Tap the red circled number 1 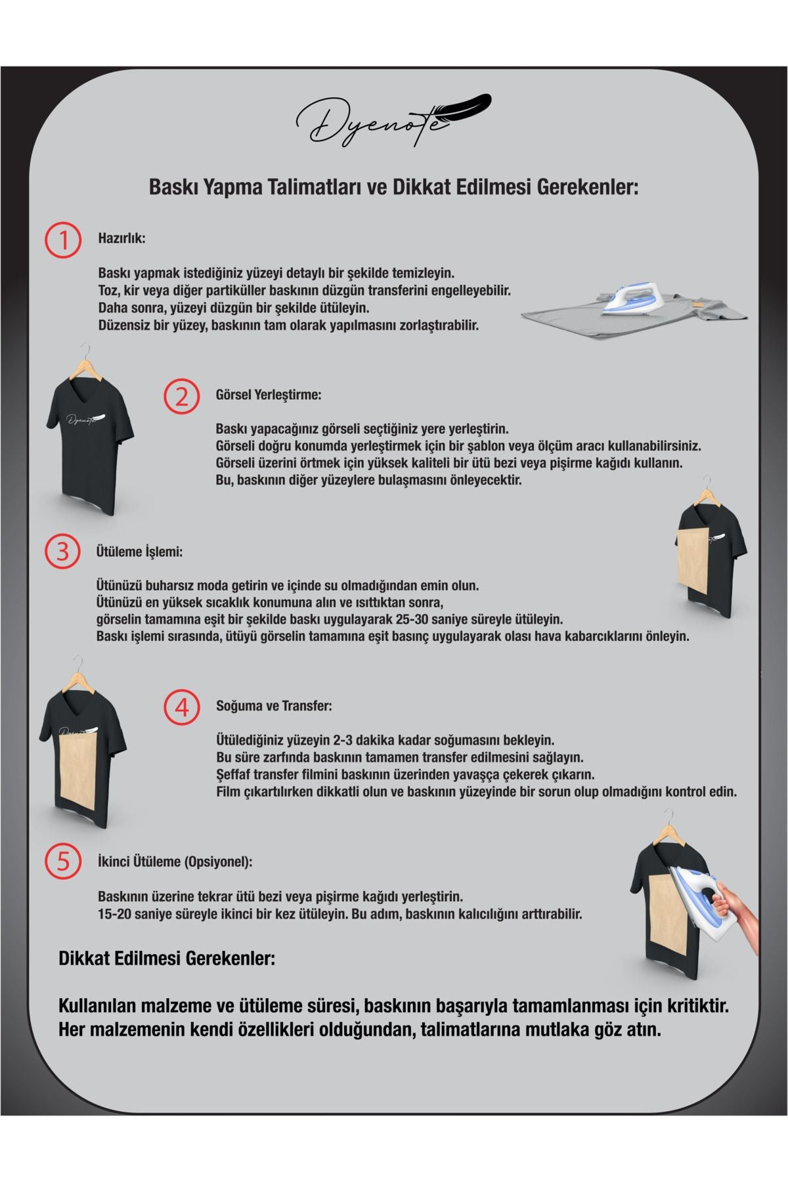62,240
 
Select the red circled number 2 181,397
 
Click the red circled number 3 62,552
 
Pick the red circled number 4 181,707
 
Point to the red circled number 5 62,861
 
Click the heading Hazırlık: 121,238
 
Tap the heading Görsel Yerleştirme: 268,395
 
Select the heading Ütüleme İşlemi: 139,552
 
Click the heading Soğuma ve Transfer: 274,707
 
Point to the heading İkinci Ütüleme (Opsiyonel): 175,862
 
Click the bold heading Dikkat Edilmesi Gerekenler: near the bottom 167,958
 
